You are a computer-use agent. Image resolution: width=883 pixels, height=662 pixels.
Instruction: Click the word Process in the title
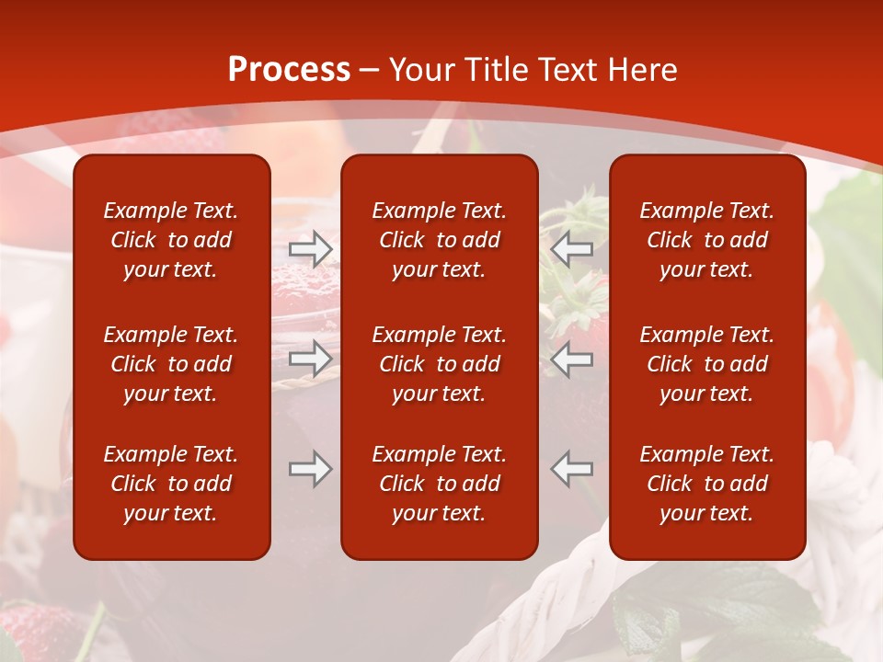pos(289,70)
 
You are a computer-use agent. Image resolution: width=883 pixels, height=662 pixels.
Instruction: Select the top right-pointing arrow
pos(310,249)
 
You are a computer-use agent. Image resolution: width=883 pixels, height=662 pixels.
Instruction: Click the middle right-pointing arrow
pos(310,359)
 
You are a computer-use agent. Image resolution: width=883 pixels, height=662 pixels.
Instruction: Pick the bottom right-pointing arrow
pos(310,469)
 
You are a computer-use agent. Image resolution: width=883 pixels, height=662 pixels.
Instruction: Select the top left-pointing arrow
pos(572,249)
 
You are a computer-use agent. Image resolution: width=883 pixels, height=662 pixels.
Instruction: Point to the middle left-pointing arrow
pos(572,359)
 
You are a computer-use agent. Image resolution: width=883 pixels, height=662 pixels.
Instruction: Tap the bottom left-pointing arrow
pos(572,469)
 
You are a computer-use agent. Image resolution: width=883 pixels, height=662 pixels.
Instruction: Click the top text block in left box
pos(171,240)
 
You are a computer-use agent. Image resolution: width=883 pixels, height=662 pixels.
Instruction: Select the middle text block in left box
pos(171,364)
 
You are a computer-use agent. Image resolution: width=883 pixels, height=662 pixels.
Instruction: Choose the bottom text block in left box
pos(171,484)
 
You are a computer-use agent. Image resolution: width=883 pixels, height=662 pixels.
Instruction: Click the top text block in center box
pos(439,240)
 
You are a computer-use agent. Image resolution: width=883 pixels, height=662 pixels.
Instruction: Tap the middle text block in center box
pos(439,364)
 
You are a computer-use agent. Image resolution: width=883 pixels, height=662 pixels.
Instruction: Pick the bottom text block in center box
pos(439,484)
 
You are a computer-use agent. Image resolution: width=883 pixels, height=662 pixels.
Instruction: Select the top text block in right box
pos(706,240)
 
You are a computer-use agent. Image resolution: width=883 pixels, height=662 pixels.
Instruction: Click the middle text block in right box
pos(706,364)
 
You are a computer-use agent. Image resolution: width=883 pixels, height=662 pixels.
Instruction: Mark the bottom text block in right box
pos(706,484)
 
